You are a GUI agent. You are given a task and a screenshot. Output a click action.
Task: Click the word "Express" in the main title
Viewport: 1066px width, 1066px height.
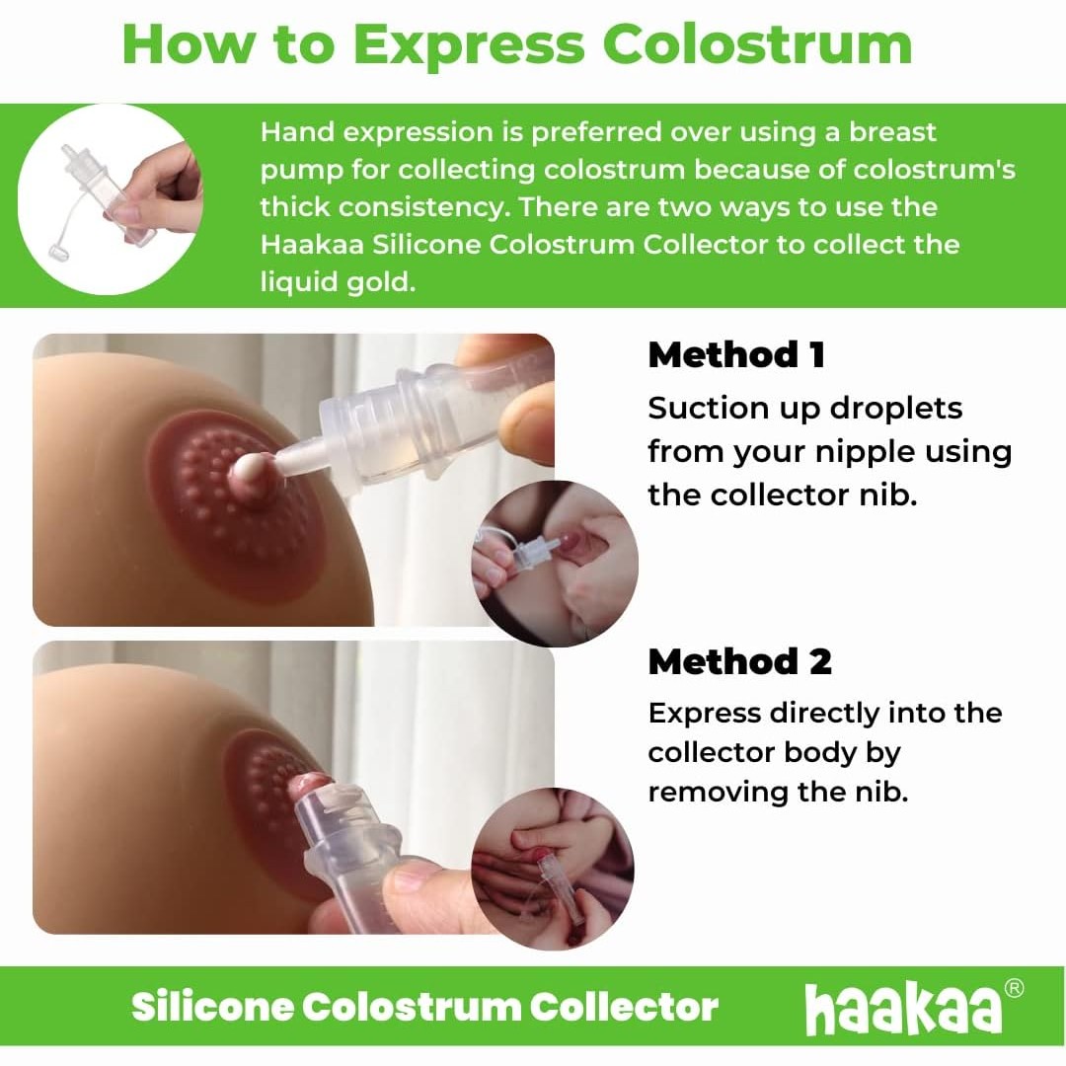click(470, 44)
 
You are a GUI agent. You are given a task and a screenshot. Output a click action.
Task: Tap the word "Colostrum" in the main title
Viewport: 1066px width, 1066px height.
click(758, 44)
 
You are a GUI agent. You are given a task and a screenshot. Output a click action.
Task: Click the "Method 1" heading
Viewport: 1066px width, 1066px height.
click(736, 355)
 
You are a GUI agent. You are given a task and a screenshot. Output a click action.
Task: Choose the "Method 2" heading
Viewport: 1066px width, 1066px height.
click(739, 662)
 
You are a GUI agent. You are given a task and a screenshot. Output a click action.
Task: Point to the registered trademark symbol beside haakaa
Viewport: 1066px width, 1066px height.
click(1013, 989)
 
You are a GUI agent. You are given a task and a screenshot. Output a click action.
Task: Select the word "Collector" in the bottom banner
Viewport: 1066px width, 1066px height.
click(624, 1007)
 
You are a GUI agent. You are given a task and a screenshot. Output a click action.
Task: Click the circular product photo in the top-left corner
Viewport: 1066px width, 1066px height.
click(109, 197)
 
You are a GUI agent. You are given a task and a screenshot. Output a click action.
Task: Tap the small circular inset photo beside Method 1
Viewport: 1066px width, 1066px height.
click(555, 564)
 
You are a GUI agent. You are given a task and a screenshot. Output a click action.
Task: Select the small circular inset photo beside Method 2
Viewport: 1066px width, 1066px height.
click(553, 869)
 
